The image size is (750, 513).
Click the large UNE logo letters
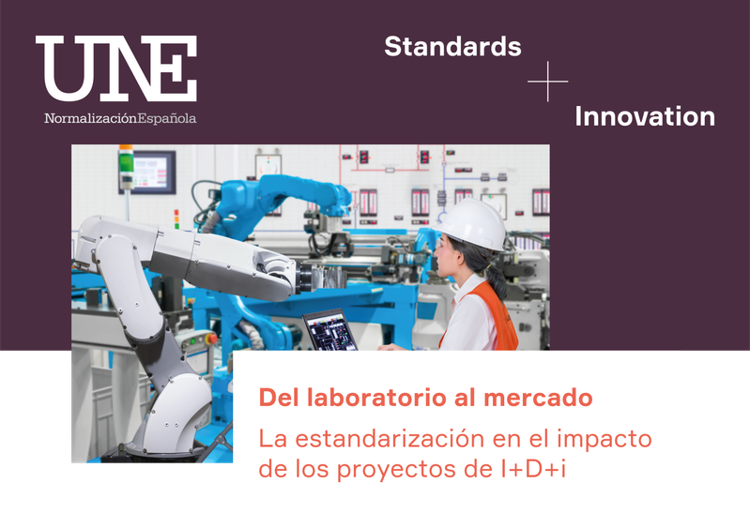coord(116,68)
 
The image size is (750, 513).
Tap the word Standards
coord(452,46)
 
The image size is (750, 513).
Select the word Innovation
coord(645,116)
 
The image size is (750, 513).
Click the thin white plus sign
coord(547,82)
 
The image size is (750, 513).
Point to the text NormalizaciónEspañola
coord(120,118)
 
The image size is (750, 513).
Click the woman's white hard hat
coord(473,224)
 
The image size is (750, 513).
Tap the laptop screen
coord(330,331)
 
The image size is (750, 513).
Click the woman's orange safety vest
coord(493,316)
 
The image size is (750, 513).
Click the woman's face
coord(444,258)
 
